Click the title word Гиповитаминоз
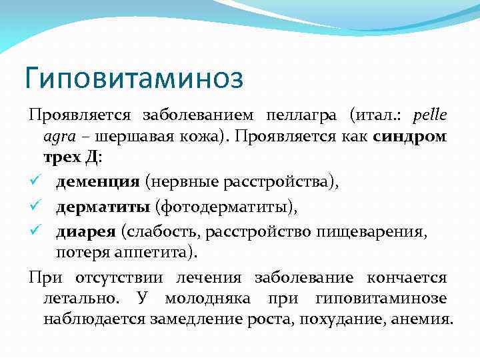(x=134, y=77)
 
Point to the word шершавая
(x=129, y=137)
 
